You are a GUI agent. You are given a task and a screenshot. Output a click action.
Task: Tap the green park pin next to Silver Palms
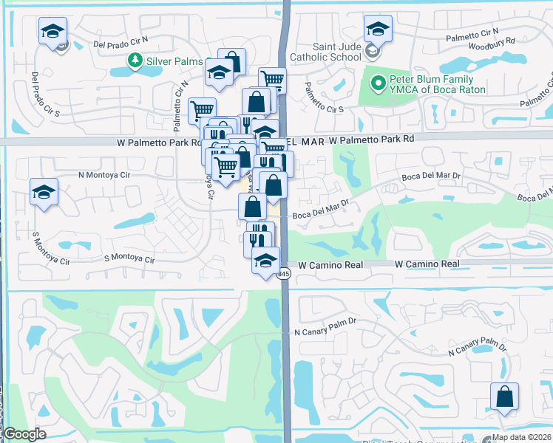pyautogui.click(x=135, y=60)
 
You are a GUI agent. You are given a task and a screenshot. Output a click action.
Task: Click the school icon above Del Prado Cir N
pyautogui.click(x=53, y=31)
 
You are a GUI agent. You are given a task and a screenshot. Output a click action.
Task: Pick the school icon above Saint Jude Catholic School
pyautogui.click(x=377, y=29)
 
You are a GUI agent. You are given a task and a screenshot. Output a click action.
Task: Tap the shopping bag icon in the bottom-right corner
pyautogui.click(x=503, y=396)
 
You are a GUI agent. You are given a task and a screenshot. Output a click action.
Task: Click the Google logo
pyautogui.click(x=25, y=434)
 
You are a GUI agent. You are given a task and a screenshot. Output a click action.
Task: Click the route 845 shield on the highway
pyautogui.click(x=285, y=273)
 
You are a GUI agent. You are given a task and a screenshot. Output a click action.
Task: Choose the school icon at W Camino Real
pyautogui.click(x=265, y=260)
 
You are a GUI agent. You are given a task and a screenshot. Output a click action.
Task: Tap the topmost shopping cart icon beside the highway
pyautogui.click(x=272, y=78)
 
